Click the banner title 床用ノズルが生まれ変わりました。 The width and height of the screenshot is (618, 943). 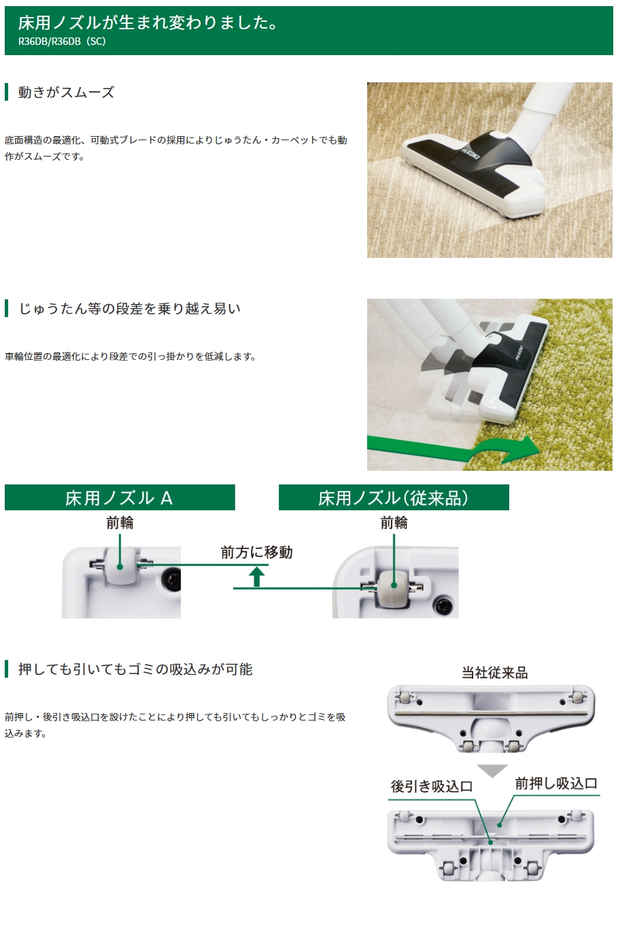148,22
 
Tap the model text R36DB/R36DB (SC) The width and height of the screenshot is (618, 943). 62,42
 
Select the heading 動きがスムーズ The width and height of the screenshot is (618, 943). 66,93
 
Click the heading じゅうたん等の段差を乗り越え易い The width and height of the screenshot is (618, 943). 129,309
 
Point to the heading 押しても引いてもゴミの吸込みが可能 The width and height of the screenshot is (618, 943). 135,669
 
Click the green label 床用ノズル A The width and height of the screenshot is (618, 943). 119,498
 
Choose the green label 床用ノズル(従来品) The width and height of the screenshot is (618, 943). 393,498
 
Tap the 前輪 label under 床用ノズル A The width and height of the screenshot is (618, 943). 120,523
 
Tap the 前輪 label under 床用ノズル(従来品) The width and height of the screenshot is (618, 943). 394,523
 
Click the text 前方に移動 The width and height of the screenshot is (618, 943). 256,552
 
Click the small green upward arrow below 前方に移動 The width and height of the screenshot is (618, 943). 256,577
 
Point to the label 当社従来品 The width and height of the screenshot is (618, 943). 494,673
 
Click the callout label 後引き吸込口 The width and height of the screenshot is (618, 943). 431,787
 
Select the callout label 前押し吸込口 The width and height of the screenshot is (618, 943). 555,784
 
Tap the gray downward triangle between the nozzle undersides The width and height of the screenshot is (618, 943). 492,771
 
